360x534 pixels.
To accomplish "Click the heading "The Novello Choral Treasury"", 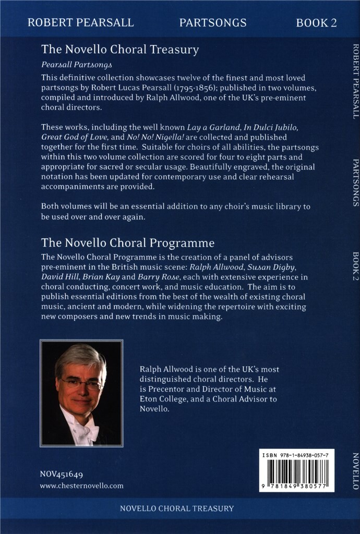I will [120, 50].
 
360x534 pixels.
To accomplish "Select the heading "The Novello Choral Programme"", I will [128, 243].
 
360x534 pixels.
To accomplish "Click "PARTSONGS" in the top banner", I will [213, 22].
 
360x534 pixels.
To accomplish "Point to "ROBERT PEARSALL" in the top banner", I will [80, 22].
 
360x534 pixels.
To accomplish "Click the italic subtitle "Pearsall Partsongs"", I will [77, 65].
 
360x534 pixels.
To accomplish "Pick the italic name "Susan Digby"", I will [269, 268].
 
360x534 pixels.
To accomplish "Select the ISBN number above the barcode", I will [296, 456].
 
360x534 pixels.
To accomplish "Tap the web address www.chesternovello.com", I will [81, 486].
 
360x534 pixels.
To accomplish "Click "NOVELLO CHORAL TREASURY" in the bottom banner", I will [177, 508].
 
